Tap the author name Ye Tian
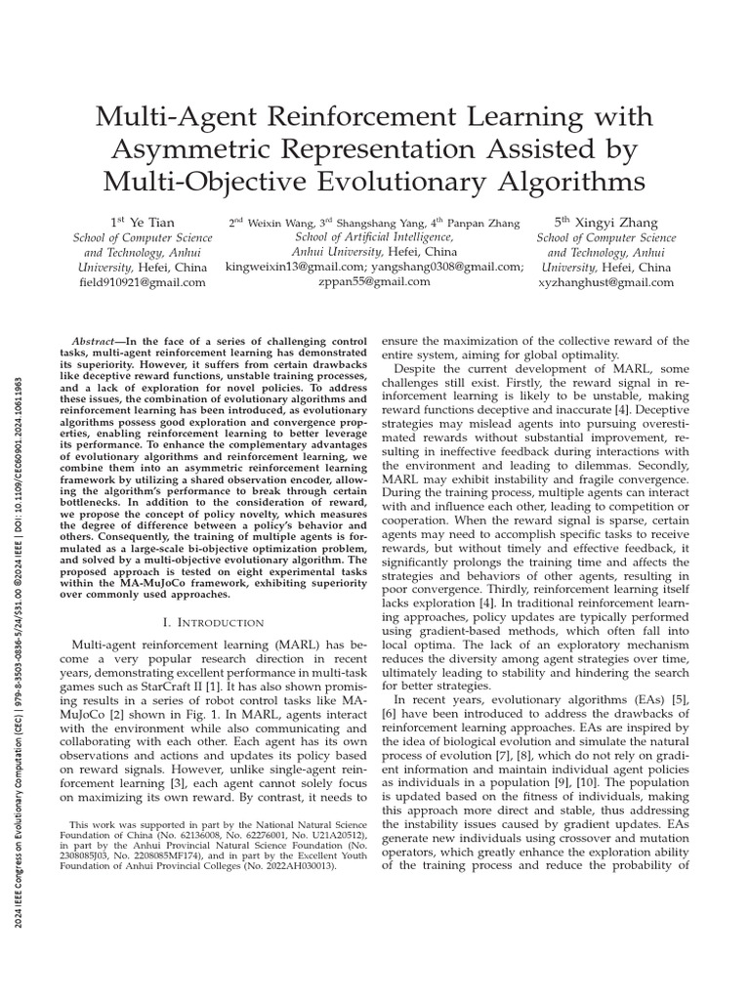(x=151, y=223)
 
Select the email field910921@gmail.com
(x=140, y=282)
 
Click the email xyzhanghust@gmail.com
(x=606, y=282)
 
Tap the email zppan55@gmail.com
(x=374, y=281)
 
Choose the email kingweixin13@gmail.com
(x=286, y=267)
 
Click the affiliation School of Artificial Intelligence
(x=374, y=237)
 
